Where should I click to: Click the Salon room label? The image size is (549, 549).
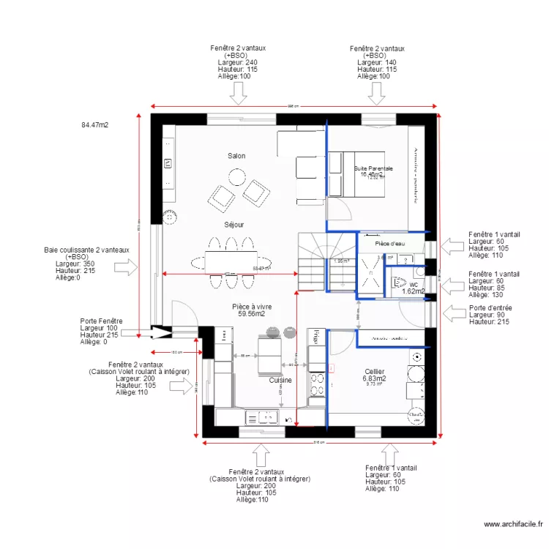point(236,156)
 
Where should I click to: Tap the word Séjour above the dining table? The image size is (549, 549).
point(234,225)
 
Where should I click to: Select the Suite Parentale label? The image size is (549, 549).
point(373,168)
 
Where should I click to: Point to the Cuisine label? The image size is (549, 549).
point(280,381)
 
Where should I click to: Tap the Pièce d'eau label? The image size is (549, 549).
point(389,243)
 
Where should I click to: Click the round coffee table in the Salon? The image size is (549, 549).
point(236,176)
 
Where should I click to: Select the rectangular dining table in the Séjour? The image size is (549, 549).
point(231,261)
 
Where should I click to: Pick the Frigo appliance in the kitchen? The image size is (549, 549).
point(315,337)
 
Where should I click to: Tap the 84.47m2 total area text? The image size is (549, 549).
point(94,125)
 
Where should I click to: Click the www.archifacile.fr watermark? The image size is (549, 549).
point(512,524)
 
